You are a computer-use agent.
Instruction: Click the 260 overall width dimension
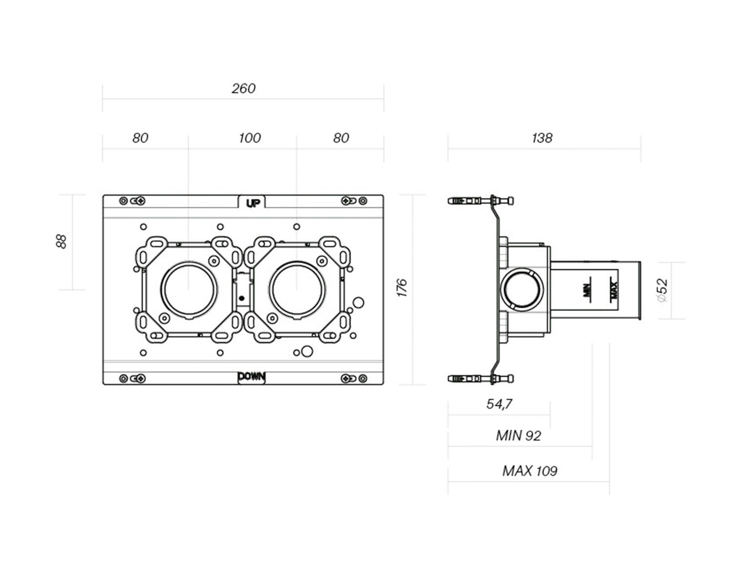pos(243,89)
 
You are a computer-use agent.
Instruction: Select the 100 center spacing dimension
pos(250,138)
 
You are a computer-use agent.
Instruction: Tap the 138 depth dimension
pos(542,138)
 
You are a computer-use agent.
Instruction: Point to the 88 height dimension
pos(61,241)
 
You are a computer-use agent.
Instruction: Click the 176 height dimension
pos(402,288)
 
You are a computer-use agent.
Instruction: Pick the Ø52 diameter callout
pos(662,290)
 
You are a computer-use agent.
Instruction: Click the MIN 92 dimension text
pos(519,436)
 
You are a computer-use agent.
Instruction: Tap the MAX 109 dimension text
pos(530,471)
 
